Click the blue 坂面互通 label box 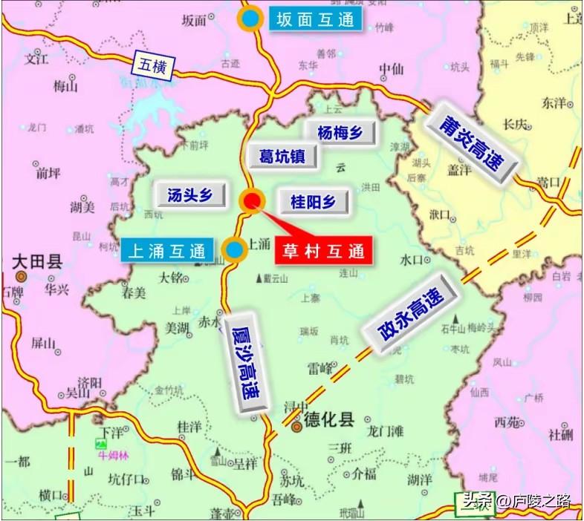click(x=315, y=19)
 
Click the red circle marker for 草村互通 click(x=252, y=200)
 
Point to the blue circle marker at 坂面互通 click(x=252, y=19)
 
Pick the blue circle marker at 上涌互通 click(x=235, y=249)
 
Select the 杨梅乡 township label click(x=340, y=132)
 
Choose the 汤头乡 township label click(x=189, y=195)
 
